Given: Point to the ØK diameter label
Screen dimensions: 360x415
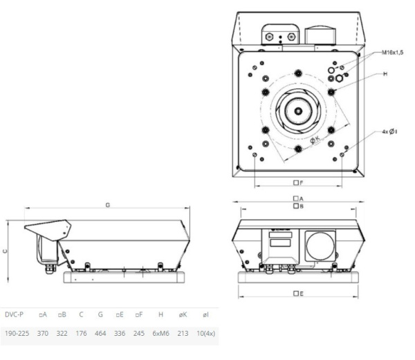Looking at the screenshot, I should pos(314,140).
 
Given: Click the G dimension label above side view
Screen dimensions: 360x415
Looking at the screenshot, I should pos(107,205).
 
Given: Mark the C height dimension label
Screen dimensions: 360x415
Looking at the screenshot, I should pos(6,252).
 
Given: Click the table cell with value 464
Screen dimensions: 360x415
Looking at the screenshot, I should pos(101,334).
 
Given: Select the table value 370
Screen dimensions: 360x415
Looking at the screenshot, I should pos(43,334).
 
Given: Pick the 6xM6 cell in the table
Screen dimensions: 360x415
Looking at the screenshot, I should pos(160,334).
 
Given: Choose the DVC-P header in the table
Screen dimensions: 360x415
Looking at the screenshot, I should pos(14,315).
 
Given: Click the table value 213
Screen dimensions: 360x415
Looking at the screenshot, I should pos(183,334).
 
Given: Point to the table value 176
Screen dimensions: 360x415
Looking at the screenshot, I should pos(82,334).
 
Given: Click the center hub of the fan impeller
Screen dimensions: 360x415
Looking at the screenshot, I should pos(296,111).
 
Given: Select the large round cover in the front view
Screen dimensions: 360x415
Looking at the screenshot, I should pos(320,246).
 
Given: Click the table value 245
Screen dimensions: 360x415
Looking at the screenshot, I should pos(140,334).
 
